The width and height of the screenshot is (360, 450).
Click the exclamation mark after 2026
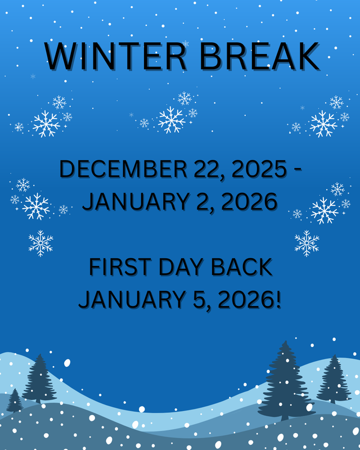click(x=277, y=299)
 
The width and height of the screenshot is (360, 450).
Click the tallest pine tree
click(x=286, y=382)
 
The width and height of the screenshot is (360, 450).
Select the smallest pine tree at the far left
click(x=15, y=400)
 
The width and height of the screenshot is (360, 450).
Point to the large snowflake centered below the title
click(x=172, y=119)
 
